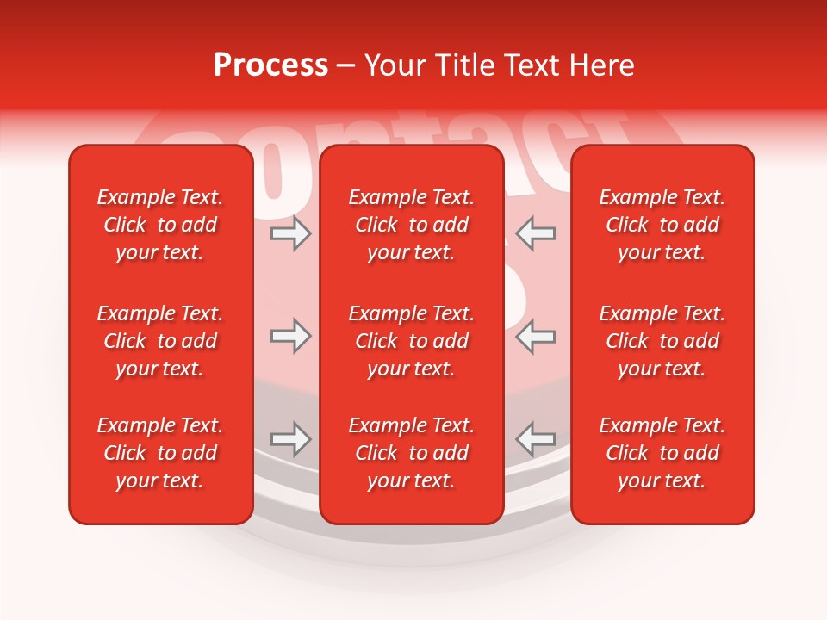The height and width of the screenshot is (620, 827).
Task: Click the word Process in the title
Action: tap(270, 65)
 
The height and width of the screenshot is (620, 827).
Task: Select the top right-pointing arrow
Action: tap(290, 234)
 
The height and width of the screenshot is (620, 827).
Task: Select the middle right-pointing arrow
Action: tap(290, 336)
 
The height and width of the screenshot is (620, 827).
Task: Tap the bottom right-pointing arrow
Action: tap(290, 439)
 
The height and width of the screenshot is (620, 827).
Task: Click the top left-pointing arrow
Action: tap(535, 234)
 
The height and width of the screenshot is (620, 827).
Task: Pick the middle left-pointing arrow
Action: tap(535, 336)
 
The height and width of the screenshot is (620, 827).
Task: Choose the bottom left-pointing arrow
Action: tap(535, 439)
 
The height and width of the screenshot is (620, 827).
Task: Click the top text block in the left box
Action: tap(160, 225)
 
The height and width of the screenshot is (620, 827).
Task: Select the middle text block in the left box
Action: tap(160, 341)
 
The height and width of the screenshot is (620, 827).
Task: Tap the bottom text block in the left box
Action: tap(160, 453)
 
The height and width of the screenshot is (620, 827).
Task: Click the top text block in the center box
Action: tap(411, 225)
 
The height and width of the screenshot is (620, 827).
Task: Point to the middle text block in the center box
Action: tap(411, 341)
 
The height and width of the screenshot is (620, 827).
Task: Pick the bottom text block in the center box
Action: tap(411, 453)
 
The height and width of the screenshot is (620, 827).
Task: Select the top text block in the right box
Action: tap(662, 225)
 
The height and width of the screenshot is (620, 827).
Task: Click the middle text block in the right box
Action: tap(662, 341)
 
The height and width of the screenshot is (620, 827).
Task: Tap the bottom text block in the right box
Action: tap(662, 453)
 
